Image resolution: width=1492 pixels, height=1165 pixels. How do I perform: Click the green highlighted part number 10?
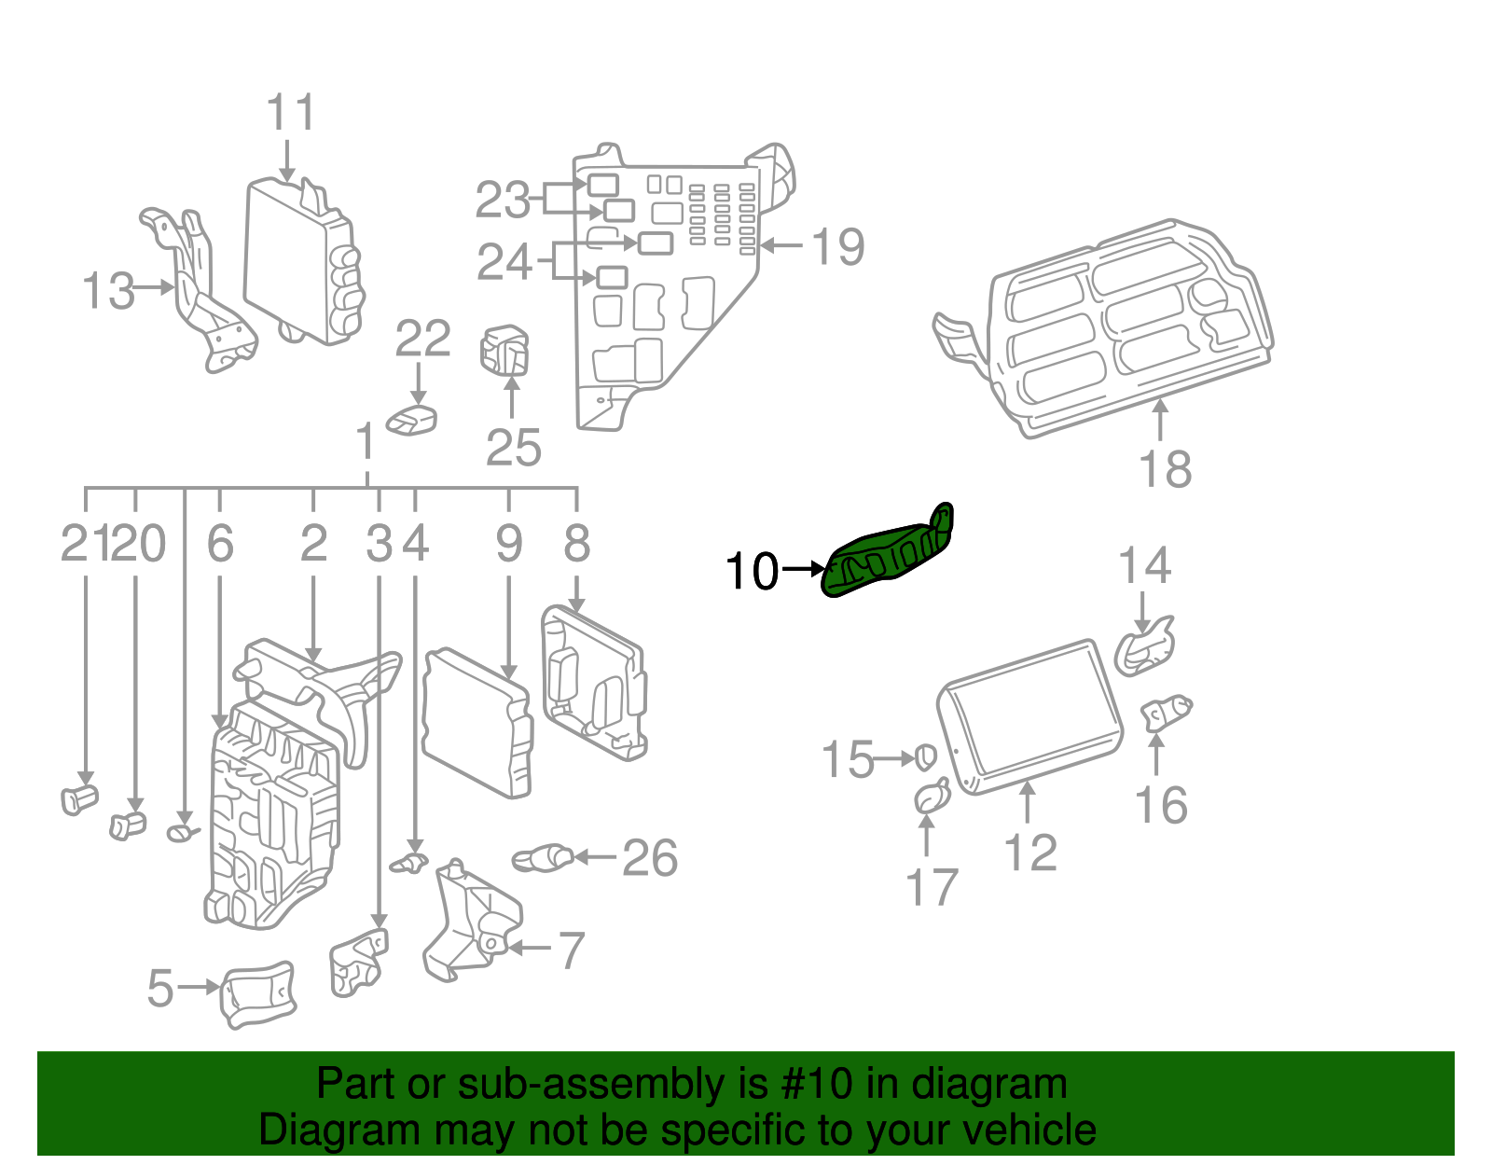(886, 555)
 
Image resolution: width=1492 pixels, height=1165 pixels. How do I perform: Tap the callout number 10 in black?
(752, 571)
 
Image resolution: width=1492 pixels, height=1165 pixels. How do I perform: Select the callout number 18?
(1166, 469)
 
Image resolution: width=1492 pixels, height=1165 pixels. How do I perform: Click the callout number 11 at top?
(291, 114)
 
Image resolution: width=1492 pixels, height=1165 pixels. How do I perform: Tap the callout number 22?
(422, 339)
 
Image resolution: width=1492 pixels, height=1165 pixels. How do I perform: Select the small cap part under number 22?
(412, 421)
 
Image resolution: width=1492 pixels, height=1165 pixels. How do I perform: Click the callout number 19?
(838, 247)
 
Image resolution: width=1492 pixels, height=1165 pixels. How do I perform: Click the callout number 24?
(504, 262)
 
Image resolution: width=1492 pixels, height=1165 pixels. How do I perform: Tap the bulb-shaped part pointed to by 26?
(543, 857)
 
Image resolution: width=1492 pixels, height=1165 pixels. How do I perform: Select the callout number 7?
(570, 950)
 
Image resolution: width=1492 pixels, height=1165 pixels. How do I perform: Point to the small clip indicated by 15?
(924, 757)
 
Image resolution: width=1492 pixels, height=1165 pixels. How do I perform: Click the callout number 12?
(1030, 853)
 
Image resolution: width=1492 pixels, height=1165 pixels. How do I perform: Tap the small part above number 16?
(1167, 714)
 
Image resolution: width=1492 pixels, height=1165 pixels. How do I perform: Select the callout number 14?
(1144, 566)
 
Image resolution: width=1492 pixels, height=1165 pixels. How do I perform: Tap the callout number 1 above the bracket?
(366, 442)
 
